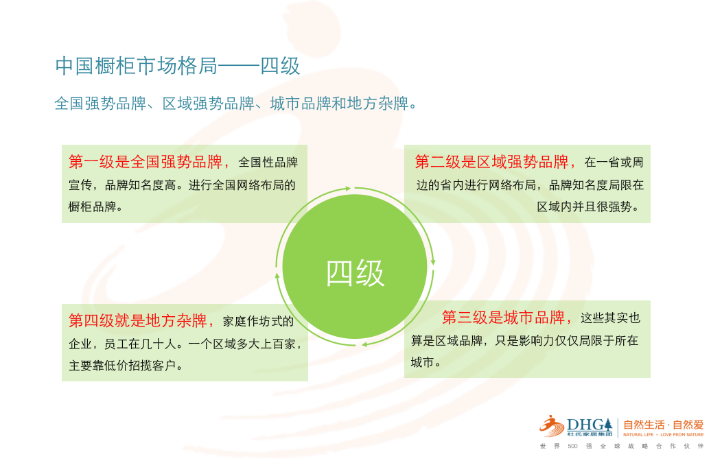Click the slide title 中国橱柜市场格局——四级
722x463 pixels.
(178, 66)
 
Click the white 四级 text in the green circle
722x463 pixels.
(355, 274)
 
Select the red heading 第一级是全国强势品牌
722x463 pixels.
(145, 162)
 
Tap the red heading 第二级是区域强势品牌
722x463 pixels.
(492, 162)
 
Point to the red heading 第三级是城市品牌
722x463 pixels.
(503, 318)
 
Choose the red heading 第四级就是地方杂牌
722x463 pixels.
(138, 321)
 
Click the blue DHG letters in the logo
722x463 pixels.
(586, 425)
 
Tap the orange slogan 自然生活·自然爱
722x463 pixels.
(664, 425)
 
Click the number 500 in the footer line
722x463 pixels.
(572, 446)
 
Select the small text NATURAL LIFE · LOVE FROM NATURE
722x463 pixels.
(664, 434)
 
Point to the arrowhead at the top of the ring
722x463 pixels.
(348, 188)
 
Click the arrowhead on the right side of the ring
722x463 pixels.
(433, 262)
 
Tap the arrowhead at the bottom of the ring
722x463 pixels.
(364, 344)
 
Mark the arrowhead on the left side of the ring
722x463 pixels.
(277, 276)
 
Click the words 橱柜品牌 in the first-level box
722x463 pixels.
(92, 207)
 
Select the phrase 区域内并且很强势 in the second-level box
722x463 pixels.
(584, 207)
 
